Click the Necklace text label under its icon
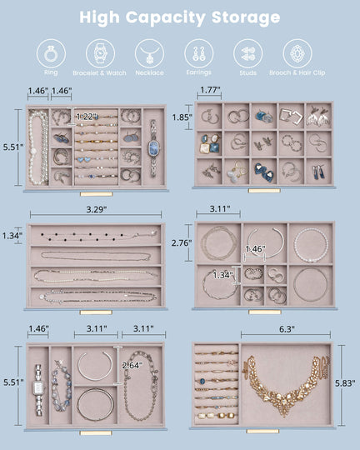click(x=150, y=73)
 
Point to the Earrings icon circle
click(x=198, y=53)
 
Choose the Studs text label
click(x=247, y=73)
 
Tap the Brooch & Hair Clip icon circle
click(x=297, y=53)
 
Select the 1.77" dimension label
click(x=209, y=90)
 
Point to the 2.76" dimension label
click(x=181, y=243)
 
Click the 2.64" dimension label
click(x=132, y=365)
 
